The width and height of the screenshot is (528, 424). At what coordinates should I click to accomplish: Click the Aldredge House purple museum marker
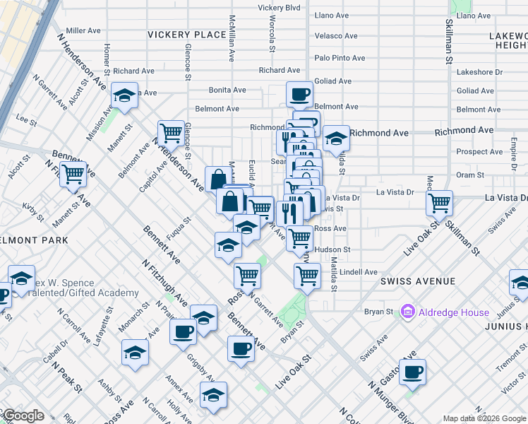pyautogui.click(x=407, y=311)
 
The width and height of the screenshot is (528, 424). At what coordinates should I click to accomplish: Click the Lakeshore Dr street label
pyautogui.click(x=479, y=72)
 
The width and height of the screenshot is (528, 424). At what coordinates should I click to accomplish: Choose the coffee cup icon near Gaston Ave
pyautogui.click(x=412, y=370)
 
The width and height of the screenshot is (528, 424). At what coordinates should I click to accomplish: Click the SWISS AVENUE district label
pyautogui.click(x=418, y=281)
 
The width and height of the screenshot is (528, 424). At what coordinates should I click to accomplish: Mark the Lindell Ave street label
pyautogui.click(x=358, y=271)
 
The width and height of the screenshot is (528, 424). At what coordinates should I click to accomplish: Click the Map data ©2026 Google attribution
pyautogui.click(x=484, y=418)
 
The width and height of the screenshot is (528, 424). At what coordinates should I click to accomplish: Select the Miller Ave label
pyautogui.click(x=85, y=31)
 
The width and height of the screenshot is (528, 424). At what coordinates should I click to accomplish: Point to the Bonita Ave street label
pyautogui.click(x=227, y=90)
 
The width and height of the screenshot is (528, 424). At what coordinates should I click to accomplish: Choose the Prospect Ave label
pyautogui.click(x=479, y=152)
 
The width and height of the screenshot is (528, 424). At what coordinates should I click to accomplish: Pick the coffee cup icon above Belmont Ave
pyautogui.click(x=299, y=93)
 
